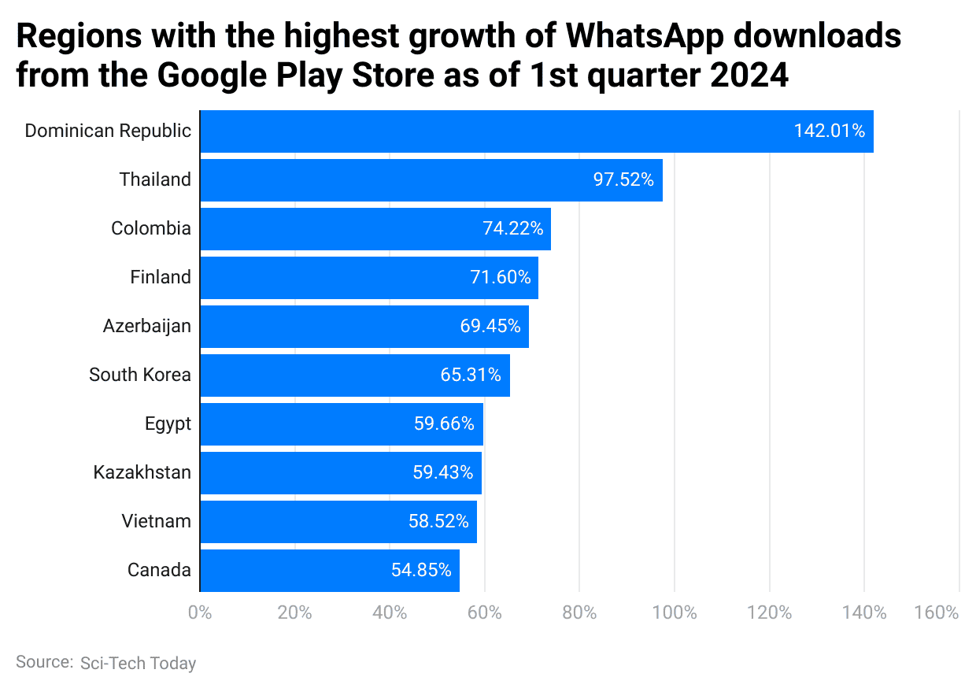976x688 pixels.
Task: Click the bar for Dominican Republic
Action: coord(535,131)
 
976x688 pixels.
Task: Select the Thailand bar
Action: coord(431,180)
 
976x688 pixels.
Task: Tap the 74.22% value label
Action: coord(512,229)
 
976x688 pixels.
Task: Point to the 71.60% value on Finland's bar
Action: coord(501,278)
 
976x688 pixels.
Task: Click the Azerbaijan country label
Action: coord(146,326)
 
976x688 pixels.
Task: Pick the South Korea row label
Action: coord(139,375)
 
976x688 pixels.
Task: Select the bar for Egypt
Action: coord(341,424)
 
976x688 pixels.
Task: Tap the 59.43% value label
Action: coord(442,472)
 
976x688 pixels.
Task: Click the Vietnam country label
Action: coord(156,521)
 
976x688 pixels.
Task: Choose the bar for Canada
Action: coord(329,571)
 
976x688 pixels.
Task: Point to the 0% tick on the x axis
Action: coord(201,612)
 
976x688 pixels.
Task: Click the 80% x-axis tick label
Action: coord(579,612)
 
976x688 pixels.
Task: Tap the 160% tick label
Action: coord(937,612)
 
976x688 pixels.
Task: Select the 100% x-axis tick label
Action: coord(675,612)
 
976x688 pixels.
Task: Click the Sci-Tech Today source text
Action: coord(138,664)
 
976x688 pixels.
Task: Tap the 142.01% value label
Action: coord(830,131)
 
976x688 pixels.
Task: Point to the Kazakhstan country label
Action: coord(142,472)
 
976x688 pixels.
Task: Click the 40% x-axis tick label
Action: coord(390,612)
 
